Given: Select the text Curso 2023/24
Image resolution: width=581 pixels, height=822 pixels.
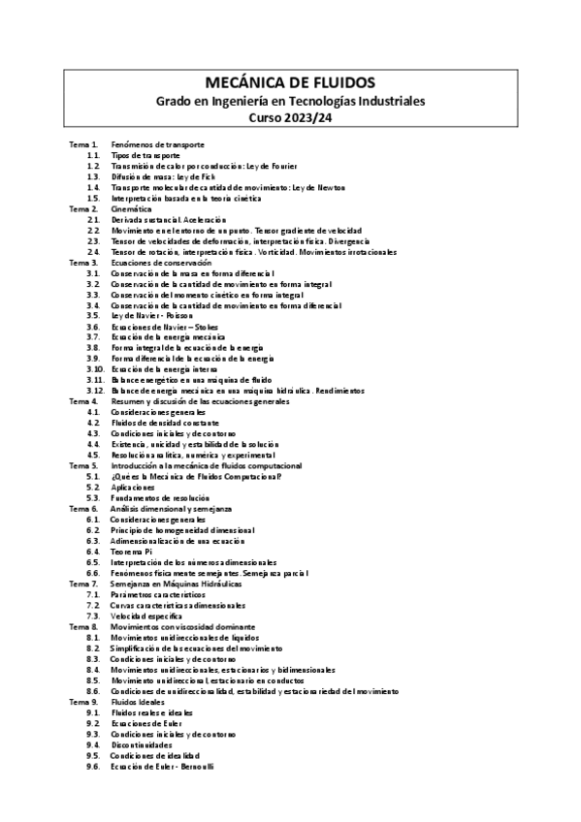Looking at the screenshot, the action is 290,118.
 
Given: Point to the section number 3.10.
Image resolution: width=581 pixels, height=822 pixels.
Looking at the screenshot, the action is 94,369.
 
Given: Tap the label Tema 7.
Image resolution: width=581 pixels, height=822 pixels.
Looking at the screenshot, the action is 82,584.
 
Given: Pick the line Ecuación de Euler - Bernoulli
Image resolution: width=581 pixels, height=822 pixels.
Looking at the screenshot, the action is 162,766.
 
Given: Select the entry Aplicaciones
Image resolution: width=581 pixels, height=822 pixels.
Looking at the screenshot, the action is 134,488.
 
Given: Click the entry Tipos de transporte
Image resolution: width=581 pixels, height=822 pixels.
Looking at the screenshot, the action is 145,155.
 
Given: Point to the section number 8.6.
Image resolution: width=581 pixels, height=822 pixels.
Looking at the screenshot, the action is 93,691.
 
